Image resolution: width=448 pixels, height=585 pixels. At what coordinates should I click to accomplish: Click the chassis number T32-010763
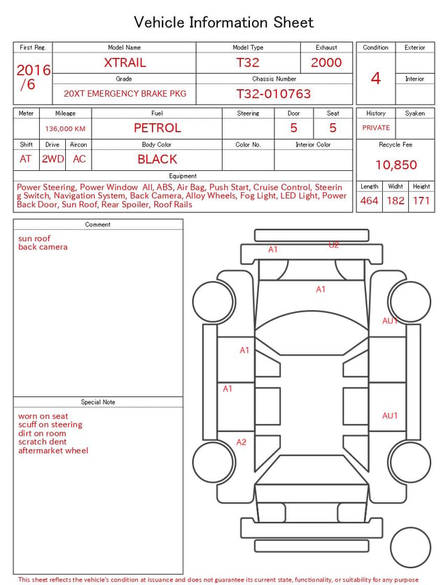click(x=274, y=94)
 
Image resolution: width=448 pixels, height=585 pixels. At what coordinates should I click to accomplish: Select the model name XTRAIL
click(x=125, y=62)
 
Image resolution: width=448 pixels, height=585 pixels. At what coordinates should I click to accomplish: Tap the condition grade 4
click(x=376, y=78)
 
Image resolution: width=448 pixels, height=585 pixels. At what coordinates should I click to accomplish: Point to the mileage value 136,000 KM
click(x=65, y=129)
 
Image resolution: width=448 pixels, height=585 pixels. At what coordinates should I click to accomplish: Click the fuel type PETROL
click(x=157, y=128)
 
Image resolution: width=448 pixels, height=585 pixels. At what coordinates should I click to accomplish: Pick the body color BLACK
click(x=157, y=159)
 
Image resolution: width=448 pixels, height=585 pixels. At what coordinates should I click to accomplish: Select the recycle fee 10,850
click(x=395, y=165)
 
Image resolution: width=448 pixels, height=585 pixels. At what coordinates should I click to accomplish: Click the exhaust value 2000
click(x=326, y=62)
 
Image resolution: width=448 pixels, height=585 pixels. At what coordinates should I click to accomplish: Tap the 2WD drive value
click(x=52, y=159)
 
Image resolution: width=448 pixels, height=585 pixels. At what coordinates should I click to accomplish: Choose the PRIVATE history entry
click(x=376, y=128)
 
